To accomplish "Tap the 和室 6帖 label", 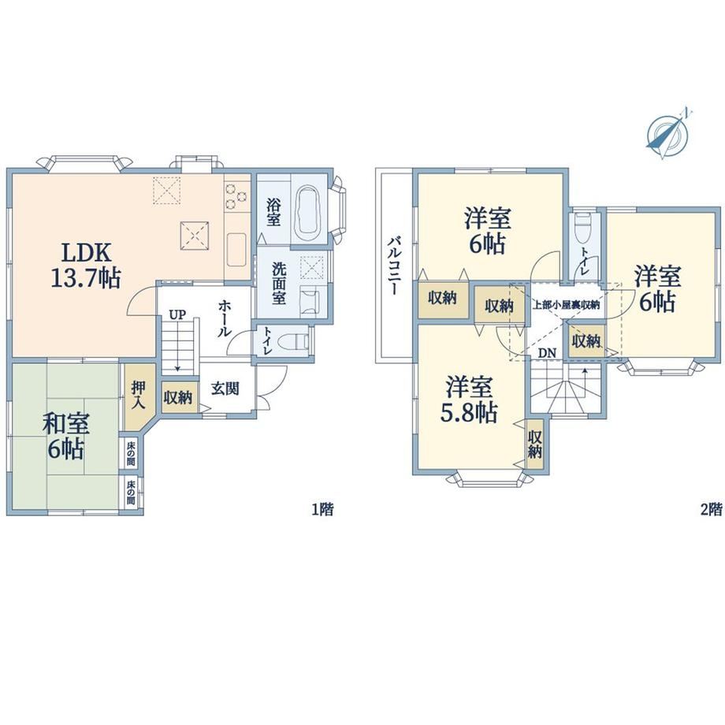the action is [x=65, y=437].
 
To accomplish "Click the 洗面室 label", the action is [x=278, y=284].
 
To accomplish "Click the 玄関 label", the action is [x=225, y=389].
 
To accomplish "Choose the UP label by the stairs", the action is [x=177, y=315].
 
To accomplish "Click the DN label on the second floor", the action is [x=547, y=353].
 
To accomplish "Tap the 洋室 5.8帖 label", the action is [x=469, y=400].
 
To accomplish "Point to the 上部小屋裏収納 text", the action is [x=566, y=305].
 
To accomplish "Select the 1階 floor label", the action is [x=322, y=510].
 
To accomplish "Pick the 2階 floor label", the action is [x=711, y=510].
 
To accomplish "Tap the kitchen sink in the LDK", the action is [x=236, y=249].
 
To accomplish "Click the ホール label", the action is [x=225, y=318].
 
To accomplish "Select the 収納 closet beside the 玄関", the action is [x=178, y=396].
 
